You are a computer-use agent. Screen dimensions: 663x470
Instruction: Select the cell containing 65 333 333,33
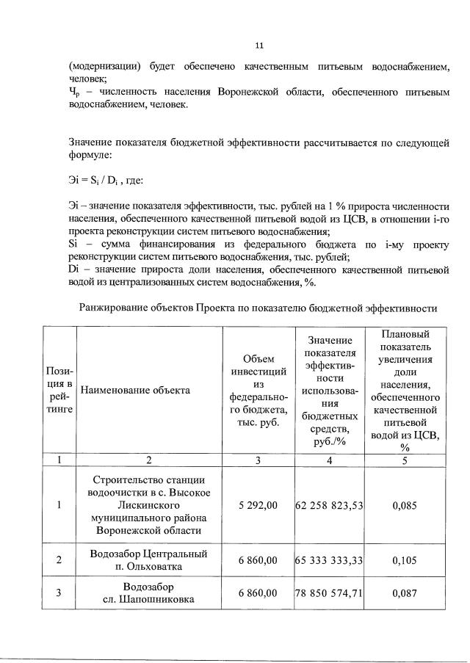pos(330,560)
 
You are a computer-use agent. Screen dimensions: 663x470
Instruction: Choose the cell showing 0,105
pos(405,560)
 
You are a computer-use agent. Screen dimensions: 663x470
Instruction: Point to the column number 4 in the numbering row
pos(330,460)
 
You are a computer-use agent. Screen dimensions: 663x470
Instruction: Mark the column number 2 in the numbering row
pos(148,460)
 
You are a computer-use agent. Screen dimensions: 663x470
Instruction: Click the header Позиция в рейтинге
pos(59,390)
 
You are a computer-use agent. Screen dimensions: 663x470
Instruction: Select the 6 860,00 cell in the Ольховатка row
pos(258,560)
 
